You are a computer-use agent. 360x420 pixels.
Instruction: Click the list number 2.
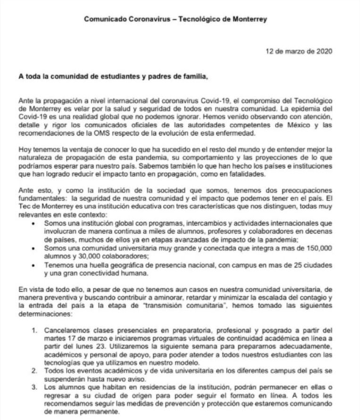(35, 372)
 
